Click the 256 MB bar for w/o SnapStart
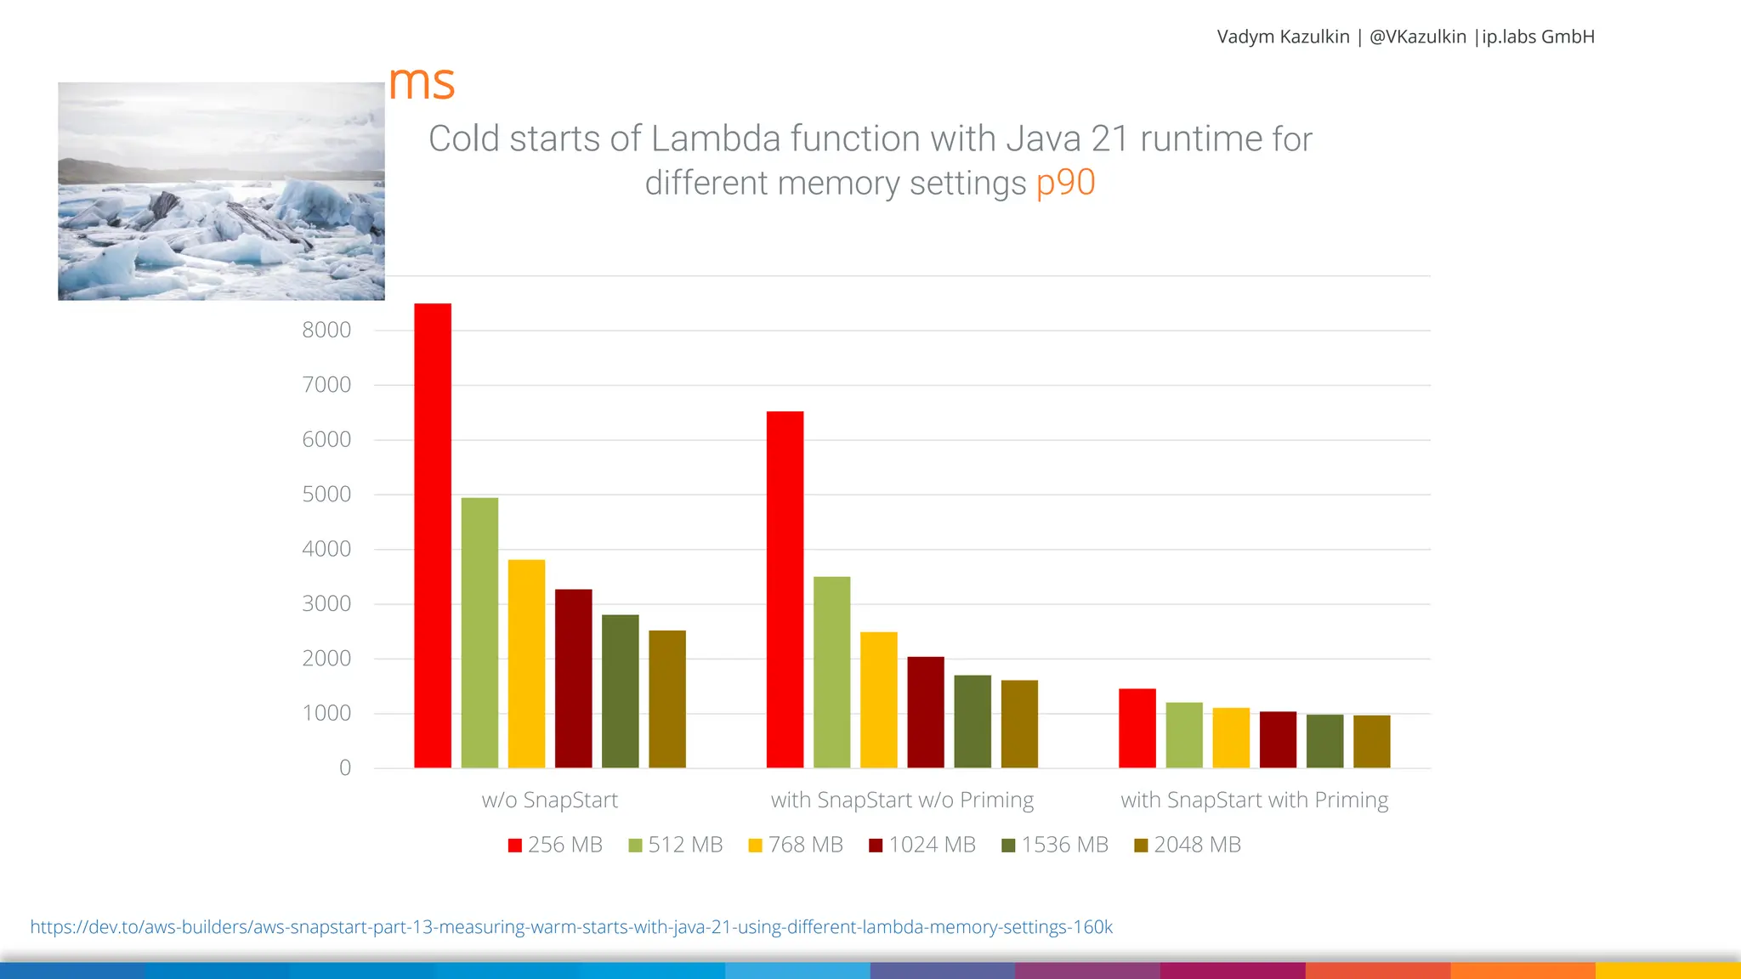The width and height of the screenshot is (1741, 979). pyautogui.click(x=432, y=535)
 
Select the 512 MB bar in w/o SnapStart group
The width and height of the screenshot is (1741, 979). pyautogui.click(x=479, y=632)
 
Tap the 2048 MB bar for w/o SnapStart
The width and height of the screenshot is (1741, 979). pyautogui.click(x=666, y=699)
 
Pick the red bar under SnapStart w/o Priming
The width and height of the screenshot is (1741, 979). pyautogui.click(x=785, y=589)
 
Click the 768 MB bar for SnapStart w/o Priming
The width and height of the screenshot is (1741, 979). pyautogui.click(x=878, y=699)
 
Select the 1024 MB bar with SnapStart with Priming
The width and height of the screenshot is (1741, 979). pyautogui.click(x=1278, y=739)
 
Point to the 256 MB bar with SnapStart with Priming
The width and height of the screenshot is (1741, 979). pyautogui.click(x=1137, y=728)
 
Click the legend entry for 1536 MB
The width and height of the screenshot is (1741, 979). pyautogui.click(x=1055, y=845)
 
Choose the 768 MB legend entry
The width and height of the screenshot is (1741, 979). pyautogui.click(x=796, y=845)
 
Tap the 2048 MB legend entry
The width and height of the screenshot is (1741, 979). pyautogui.click(x=1188, y=845)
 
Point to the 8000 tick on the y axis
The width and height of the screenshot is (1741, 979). pyautogui.click(x=326, y=331)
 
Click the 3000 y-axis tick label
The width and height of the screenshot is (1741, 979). pyautogui.click(x=326, y=604)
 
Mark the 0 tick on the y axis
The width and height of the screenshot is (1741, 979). pyautogui.click(x=344, y=768)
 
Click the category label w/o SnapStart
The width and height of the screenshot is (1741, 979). pyautogui.click(x=549, y=801)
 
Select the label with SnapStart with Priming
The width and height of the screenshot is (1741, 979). pyautogui.click(x=1254, y=801)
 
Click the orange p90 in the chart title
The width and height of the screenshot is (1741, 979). pyautogui.click(x=1065, y=183)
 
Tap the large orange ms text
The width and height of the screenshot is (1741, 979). pyautogui.click(x=422, y=83)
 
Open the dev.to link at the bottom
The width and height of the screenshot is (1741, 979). pyautogui.click(x=571, y=927)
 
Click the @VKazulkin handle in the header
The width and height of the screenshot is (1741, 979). pyautogui.click(x=1417, y=37)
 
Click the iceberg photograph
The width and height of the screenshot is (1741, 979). pyautogui.click(x=221, y=191)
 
